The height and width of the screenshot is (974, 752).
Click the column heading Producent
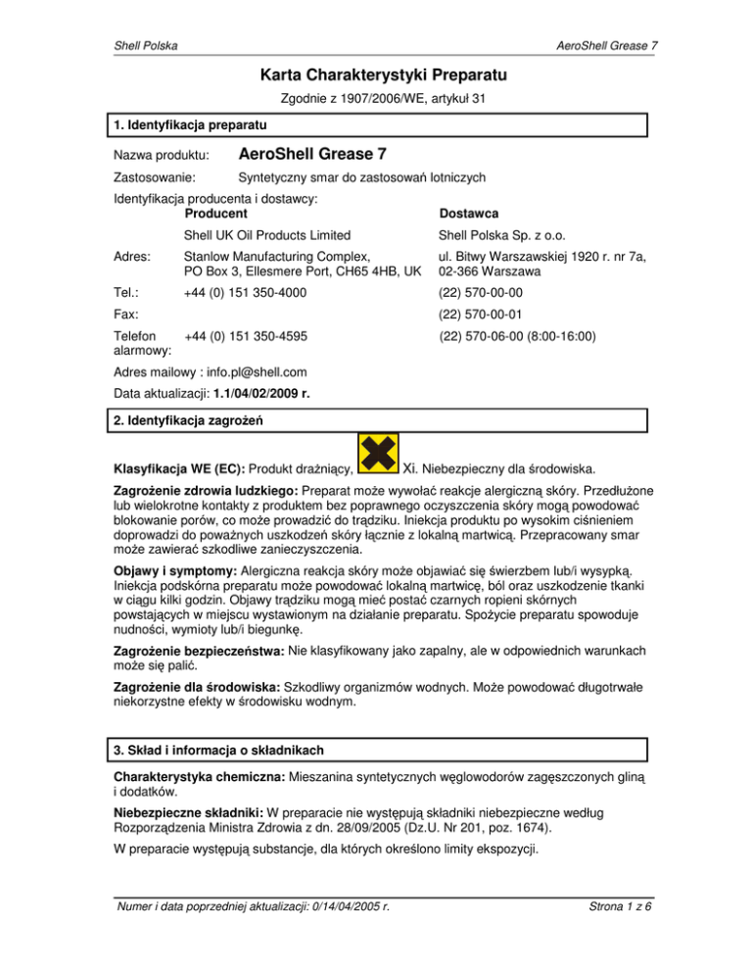pos(215,213)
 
